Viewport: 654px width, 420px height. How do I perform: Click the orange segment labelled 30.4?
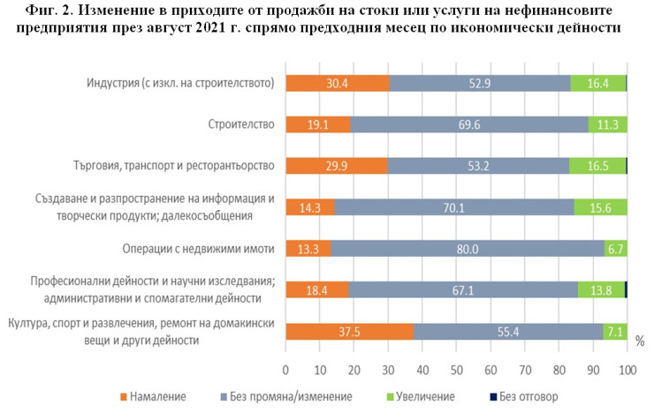click(x=337, y=83)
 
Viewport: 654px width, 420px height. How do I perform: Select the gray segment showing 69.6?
click(x=469, y=124)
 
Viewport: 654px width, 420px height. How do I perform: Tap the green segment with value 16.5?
click(x=597, y=166)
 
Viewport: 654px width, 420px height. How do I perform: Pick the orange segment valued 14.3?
click(x=310, y=207)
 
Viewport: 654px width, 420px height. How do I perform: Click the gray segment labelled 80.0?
click(x=468, y=249)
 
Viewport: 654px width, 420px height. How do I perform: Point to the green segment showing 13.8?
click(x=601, y=289)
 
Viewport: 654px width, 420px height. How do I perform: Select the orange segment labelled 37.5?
click(x=349, y=331)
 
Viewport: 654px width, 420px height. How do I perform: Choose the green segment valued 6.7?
click(x=615, y=249)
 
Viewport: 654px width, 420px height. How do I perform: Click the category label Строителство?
click(x=241, y=124)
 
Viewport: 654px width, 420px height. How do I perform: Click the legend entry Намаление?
click(x=161, y=397)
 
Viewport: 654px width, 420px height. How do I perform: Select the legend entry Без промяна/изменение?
click(x=291, y=397)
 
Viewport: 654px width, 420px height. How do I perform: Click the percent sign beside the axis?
click(x=640, y=341)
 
